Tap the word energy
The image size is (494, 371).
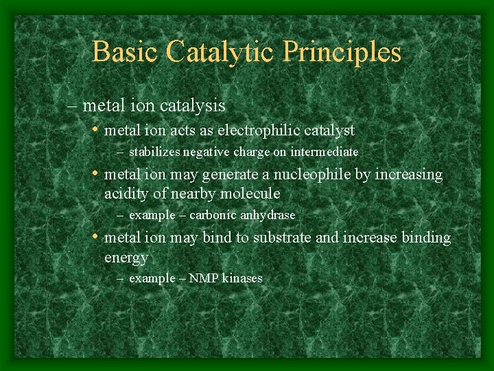point(126,258)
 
